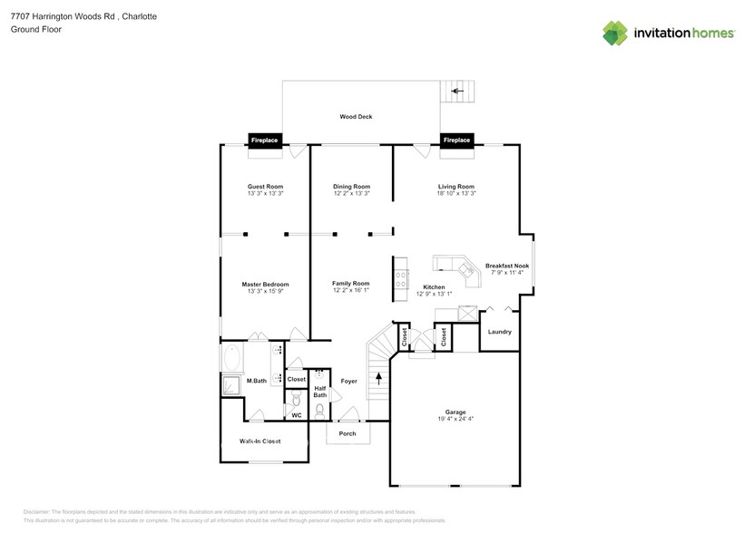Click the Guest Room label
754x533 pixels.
(266, 186)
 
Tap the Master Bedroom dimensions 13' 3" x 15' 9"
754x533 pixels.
(266, 292)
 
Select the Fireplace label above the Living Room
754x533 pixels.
(456, 140)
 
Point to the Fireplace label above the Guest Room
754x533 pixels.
(265, 140)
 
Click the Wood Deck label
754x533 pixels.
(356, 117)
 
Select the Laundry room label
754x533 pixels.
(499, 332)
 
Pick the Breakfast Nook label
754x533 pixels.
(507, 266)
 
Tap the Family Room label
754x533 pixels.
(351, 283)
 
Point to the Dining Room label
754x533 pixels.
(351, 186)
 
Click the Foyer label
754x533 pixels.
(349, 382)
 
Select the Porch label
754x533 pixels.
(348, 433)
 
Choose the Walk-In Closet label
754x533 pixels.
(259, 441)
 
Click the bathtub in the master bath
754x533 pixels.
(231, 358)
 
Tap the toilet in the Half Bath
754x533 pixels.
(319, 410)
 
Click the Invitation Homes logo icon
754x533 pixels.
(615, 33)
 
